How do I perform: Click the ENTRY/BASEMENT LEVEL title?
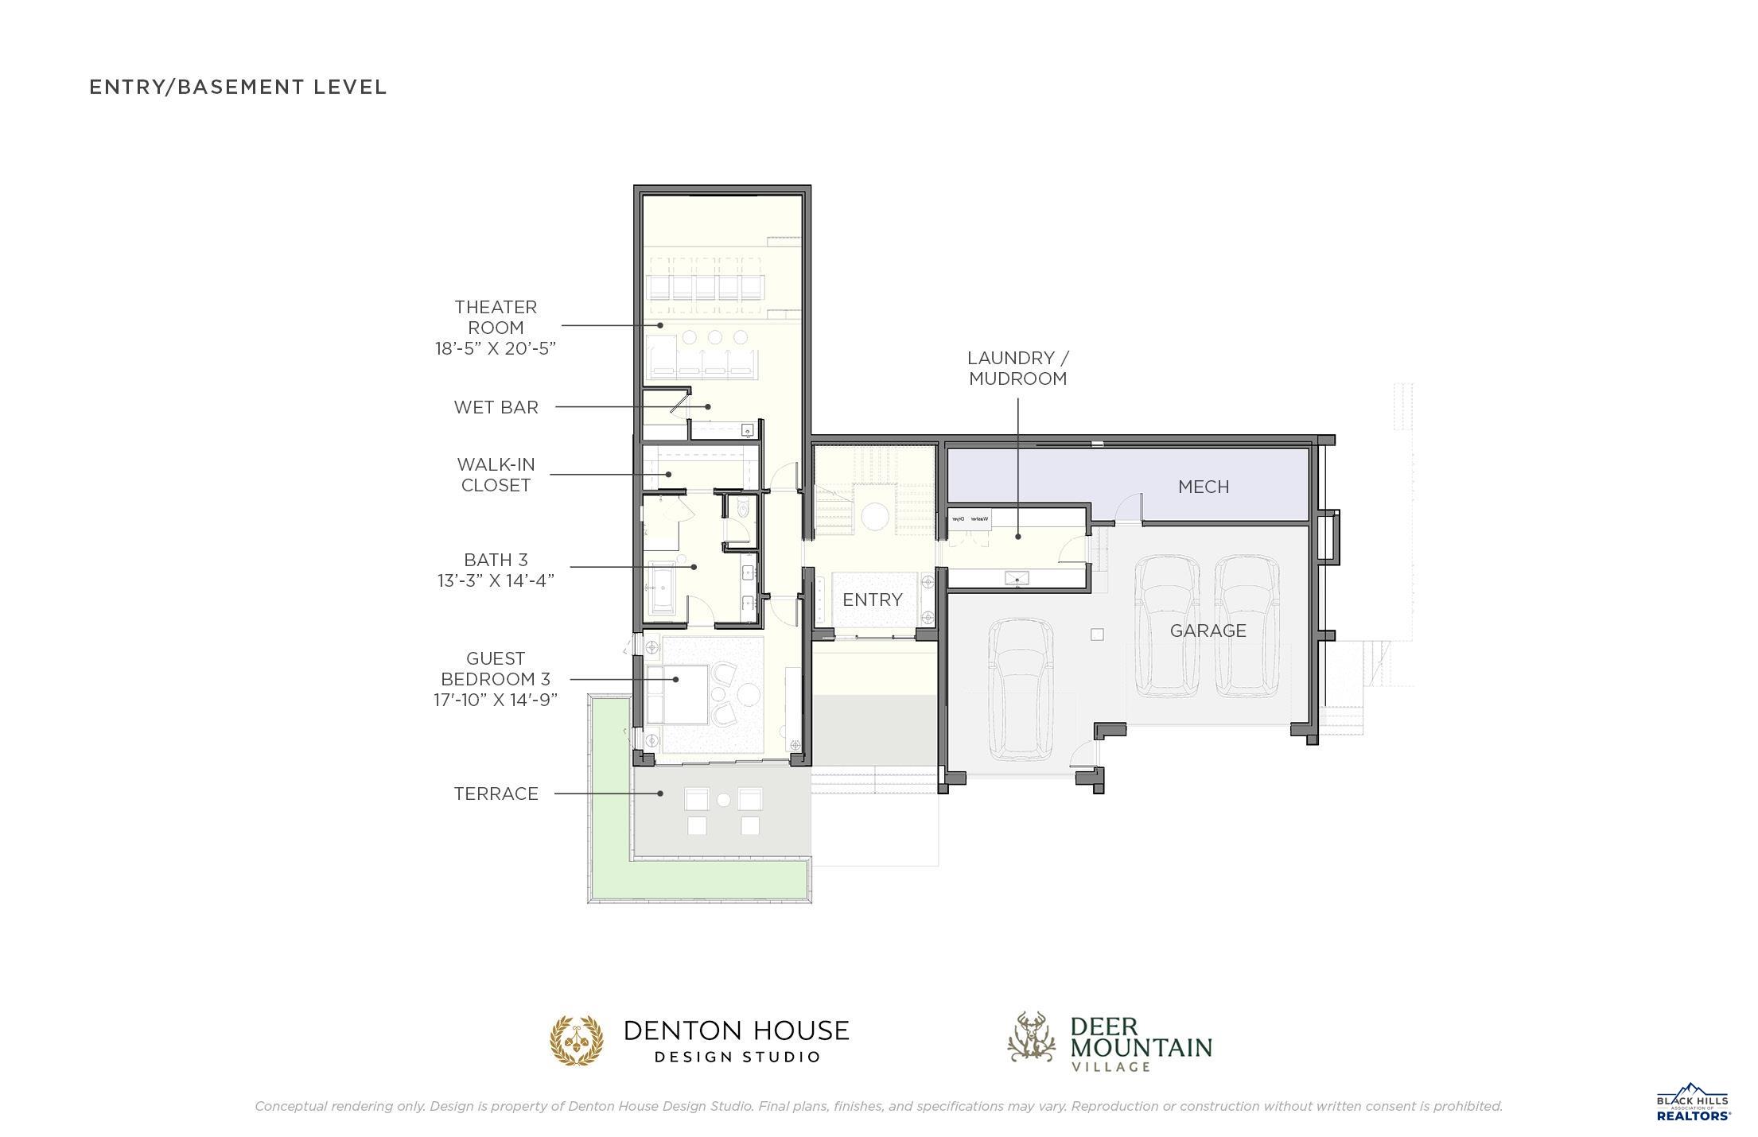238,87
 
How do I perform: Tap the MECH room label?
1203,487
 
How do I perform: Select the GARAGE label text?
1208,631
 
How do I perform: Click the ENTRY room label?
873,600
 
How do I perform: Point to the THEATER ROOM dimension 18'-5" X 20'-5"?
495,348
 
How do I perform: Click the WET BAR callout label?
496,407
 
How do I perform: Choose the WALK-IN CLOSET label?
496,475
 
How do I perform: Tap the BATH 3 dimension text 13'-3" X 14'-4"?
496,580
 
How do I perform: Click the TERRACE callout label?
496,794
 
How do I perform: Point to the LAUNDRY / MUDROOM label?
1017,368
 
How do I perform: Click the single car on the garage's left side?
1021,690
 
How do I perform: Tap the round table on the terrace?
724,800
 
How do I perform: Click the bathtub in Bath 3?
662,588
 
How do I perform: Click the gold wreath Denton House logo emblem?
577,1040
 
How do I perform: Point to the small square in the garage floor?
1097,634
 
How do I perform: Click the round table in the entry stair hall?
875,516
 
